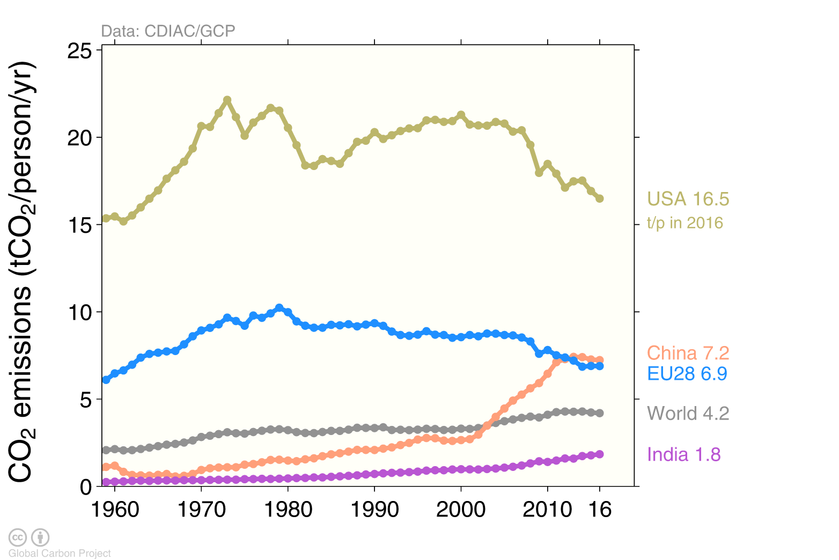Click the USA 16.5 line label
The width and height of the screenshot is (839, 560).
688,199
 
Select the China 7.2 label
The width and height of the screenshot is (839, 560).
688,353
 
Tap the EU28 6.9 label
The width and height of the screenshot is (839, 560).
687,373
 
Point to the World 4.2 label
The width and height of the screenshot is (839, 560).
688,414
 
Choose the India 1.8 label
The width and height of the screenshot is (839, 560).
683,454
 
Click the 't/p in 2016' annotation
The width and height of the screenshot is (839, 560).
685,223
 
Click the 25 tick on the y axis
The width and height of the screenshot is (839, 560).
79,51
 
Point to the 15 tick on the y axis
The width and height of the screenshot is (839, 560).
79,225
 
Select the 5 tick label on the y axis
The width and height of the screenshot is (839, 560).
86,400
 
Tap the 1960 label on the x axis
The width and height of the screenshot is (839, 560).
115,509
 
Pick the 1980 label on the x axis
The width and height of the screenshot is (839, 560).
288,509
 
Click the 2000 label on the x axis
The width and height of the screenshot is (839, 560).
461,509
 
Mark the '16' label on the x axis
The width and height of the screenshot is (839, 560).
600,509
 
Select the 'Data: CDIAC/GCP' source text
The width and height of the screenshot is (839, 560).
168,31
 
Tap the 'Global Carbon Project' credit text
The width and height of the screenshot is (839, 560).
60,553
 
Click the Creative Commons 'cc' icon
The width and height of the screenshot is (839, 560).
18,537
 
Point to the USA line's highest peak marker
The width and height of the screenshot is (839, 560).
227,100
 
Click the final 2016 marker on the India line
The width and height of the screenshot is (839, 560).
600,454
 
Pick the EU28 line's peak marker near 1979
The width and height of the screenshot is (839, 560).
279,308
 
